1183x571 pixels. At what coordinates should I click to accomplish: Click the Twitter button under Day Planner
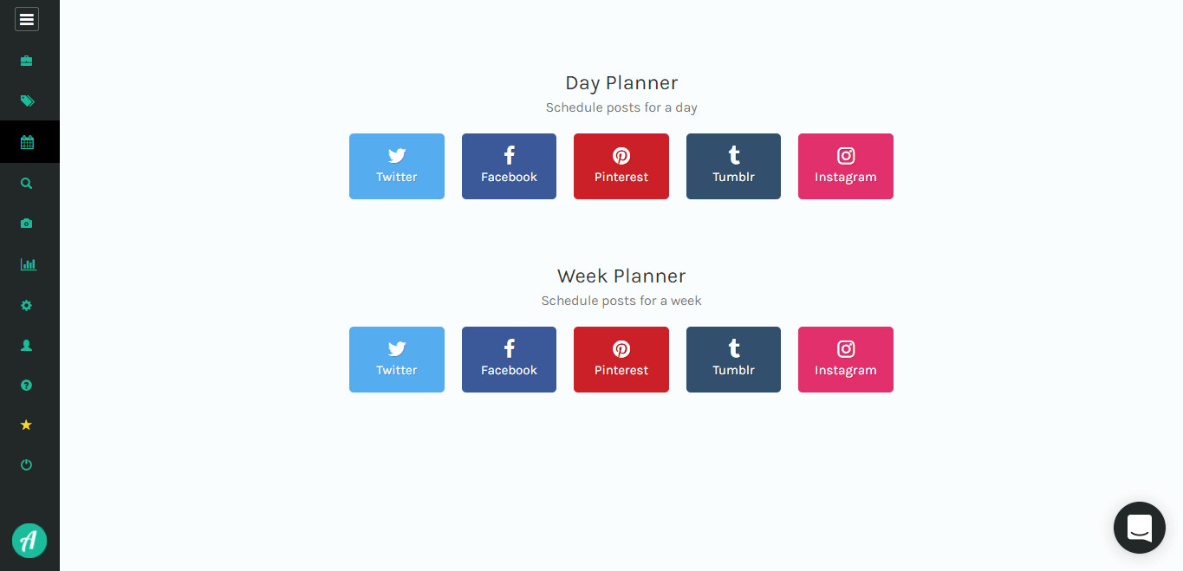(x=397, y=166)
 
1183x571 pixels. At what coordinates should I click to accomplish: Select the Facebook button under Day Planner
(x=509, y=166)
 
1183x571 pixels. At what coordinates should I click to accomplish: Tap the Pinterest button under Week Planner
(x=621, y=360)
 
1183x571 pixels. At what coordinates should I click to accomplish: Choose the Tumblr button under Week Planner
(x=733, y=360)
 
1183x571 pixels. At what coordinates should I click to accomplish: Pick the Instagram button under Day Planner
(x=846, y=166)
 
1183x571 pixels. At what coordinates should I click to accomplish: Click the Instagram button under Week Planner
(x=846, y=360)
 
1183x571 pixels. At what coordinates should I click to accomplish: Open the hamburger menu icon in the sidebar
(x=26, y=20)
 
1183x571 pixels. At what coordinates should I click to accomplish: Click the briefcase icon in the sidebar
(x=26, y=61)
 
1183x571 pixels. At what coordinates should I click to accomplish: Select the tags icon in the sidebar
(x=28, y=101)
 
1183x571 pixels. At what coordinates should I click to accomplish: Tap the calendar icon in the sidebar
(x=27, y=142)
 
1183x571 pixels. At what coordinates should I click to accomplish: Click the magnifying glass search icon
(x=26, y=184)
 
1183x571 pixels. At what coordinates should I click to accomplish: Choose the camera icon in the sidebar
(x=26, y=224)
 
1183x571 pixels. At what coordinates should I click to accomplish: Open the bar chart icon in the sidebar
(x=28, y=264)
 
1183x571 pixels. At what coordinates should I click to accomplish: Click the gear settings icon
(x=26, y=305)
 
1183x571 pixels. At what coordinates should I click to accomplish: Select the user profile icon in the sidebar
(x=26, y=346)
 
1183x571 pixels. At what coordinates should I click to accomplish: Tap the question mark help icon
(x=26, y=386)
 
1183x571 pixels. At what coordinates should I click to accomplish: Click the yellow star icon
(x=26, y=425)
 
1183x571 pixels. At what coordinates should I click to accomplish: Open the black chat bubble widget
(x=1139, y=528)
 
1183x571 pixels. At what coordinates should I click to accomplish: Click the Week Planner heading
(x=621, y=276)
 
